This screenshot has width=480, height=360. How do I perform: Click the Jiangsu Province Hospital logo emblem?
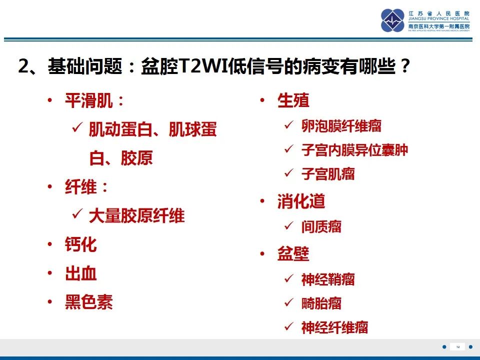(x=392, y=20)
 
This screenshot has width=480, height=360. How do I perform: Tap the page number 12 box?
(x=457, y=347)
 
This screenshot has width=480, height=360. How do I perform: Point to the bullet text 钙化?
(x=81, y=245)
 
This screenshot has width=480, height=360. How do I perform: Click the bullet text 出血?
(x=81, y=273)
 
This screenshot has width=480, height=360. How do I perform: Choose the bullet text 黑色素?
(x=89, y=302)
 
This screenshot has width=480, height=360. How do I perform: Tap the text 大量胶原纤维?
(x=136, y=216)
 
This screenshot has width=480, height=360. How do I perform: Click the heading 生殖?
(x=293, y=100)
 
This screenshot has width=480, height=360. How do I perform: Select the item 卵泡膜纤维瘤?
(x=341, y=125)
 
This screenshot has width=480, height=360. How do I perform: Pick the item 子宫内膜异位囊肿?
(x=354, y=149)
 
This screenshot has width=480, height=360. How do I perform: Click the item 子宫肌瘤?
(x=328, y=174)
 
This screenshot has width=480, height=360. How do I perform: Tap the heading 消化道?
(x=301, y=201)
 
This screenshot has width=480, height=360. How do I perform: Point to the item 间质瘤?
(x=321, y=227)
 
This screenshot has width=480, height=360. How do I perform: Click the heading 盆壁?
(x=293, y=253)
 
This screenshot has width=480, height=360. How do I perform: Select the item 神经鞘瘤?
(x=328, y=279)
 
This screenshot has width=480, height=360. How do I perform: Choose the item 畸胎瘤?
(x=321, y=303)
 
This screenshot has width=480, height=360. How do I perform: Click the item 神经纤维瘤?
(x=335, y=327)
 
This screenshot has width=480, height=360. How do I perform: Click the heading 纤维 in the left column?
(x=81, y=188)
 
